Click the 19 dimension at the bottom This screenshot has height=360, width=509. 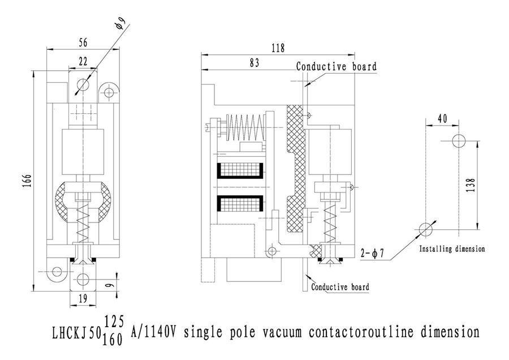[83, 298]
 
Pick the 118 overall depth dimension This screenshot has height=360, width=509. [278, 49]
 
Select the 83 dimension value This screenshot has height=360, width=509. [254, 63]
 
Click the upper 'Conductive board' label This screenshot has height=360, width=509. [336, 67]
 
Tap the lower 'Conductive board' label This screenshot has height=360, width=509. [340, 287]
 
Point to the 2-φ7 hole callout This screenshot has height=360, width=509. [372, 253]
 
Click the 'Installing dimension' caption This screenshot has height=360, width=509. [452, 248]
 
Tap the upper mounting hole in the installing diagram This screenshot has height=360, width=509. [458, 140]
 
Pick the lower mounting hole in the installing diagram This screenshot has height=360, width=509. [425, 228]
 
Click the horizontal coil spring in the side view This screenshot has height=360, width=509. [244, 128]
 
